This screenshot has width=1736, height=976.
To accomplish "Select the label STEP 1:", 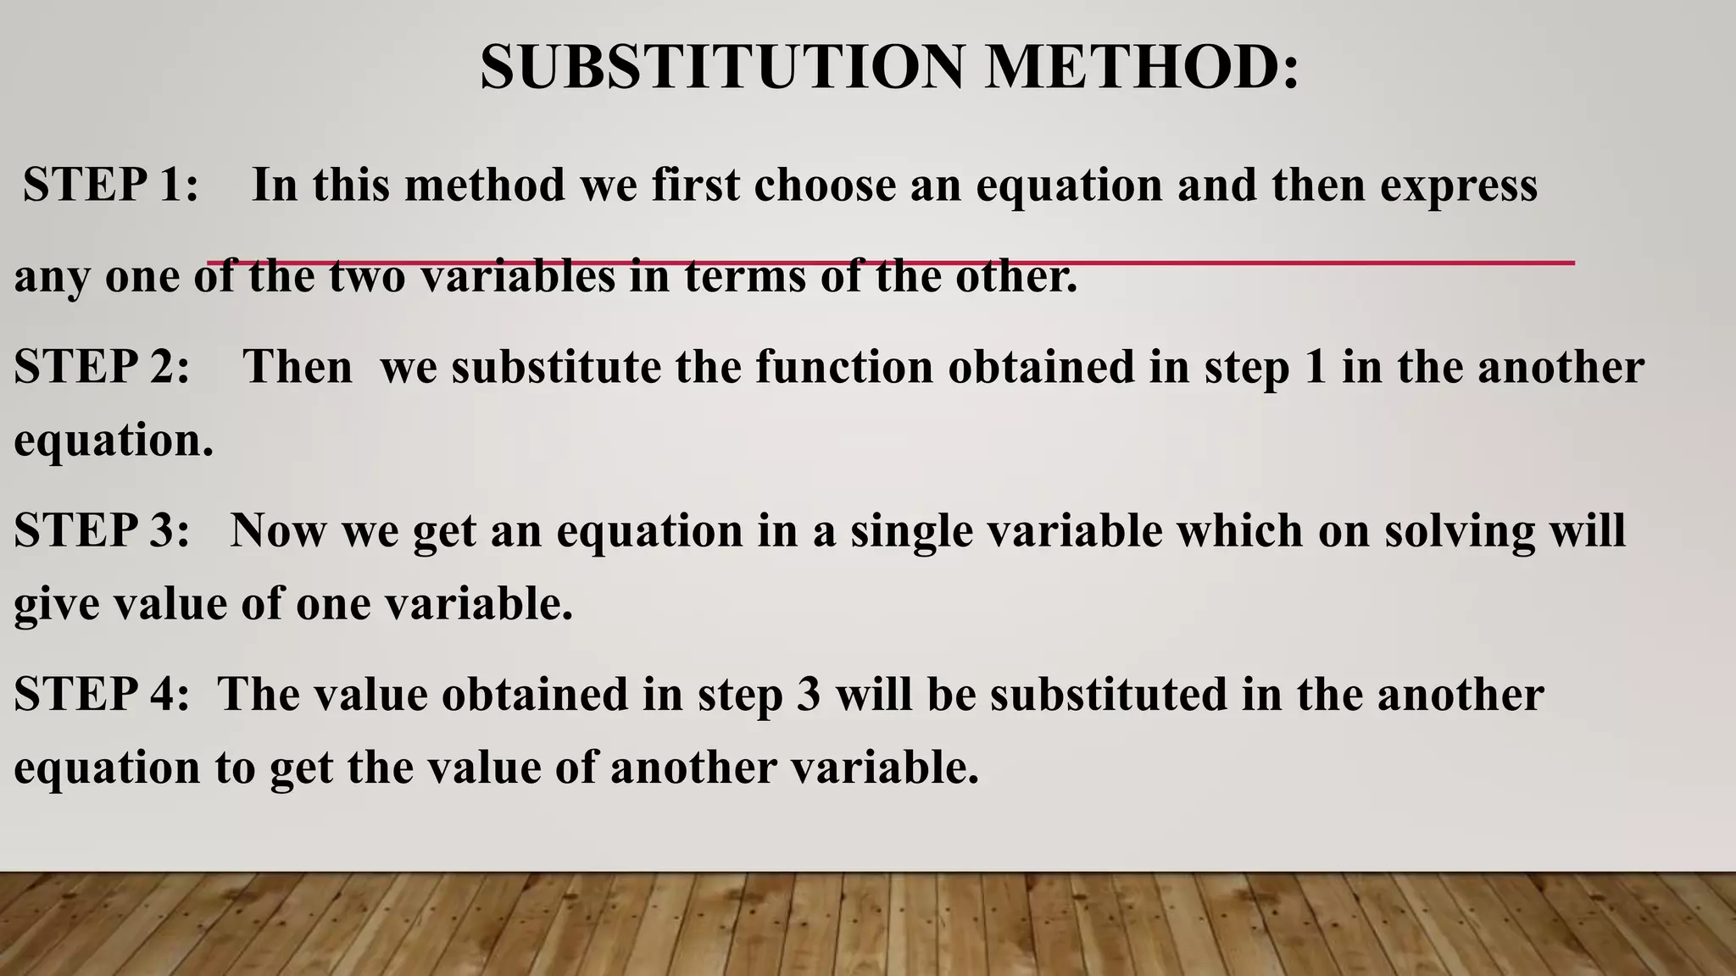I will [111, 185].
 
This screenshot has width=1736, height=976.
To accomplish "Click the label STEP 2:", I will [102, 367].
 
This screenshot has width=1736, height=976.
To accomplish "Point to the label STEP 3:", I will [102, 530].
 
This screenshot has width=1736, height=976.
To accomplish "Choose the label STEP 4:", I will [102, 694].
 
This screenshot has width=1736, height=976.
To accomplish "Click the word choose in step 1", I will [825, 185].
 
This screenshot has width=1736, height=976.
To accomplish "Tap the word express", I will [1459, 185].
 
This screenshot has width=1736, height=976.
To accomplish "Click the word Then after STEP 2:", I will [298, 367].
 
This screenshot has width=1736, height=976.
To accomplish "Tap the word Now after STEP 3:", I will [278, 530].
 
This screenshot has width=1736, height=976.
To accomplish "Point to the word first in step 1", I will [696, 185].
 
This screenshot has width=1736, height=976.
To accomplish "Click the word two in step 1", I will [367, 276].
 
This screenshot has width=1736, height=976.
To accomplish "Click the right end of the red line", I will [1572, 263].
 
